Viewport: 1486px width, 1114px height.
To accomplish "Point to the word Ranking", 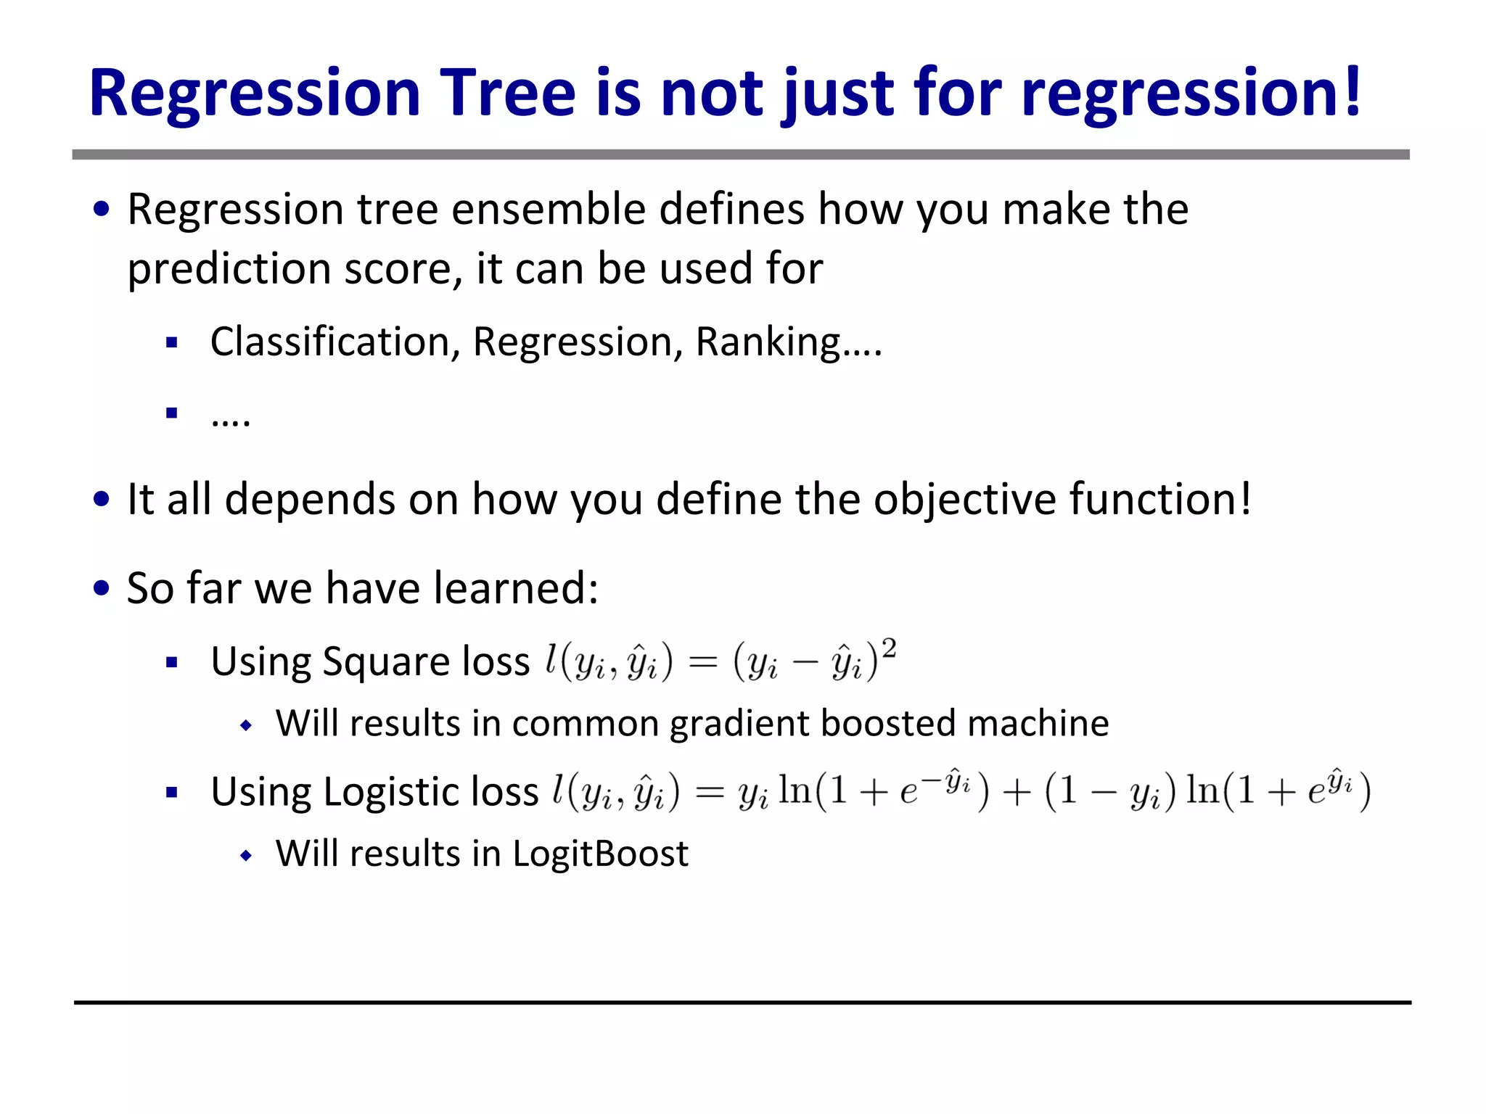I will (768, 342).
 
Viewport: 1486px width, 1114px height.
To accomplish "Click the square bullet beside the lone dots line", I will (172, 413).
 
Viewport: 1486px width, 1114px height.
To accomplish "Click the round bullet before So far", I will (102, 587).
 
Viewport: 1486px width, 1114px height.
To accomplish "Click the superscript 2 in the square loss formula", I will (889, 648).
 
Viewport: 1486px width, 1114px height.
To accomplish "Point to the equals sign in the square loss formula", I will (702, 662).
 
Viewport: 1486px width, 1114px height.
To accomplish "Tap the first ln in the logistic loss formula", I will (795, 790).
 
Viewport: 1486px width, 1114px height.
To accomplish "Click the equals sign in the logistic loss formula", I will (710, 792).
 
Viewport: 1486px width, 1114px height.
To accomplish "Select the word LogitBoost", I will (600, 854).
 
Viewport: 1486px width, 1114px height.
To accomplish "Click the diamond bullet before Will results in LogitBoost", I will (247, 856).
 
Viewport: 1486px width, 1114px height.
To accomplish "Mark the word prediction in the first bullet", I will (229, 269).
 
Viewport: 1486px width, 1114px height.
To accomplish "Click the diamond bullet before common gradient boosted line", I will (247, 725).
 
